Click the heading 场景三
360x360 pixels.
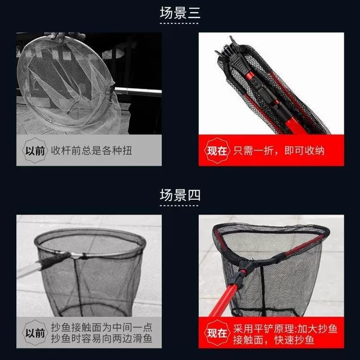click(180, 13)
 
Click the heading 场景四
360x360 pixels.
click(180, 195)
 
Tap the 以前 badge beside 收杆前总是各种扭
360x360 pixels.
click(35, 151)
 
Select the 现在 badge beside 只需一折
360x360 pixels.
click(217, 151)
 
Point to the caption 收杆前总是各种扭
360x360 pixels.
click(91, 151)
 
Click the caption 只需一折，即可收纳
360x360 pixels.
click(279, 151)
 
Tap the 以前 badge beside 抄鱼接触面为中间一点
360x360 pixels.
click(35, 332)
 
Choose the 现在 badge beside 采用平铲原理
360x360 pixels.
click(217, 332)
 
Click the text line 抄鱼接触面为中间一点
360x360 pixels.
click(101, 328)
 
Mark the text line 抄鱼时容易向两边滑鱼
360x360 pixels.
click(101, 338)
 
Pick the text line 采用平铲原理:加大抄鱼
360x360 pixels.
click(285, 329)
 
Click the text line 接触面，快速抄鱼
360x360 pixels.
click(274, 340)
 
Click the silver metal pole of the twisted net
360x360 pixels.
click(138, 91)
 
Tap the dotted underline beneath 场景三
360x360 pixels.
click(179, 23)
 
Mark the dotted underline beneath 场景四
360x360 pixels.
click(179, 205)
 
